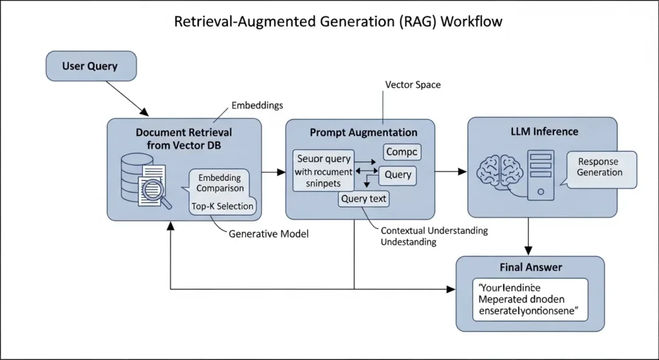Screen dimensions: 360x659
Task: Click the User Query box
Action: coord(90,66)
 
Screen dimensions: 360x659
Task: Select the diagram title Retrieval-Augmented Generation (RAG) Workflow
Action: coord(339,21)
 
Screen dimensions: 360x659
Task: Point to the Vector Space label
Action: coord(413,84)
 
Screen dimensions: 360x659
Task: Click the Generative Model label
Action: coord(268,234)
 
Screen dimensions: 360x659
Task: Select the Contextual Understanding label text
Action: coord(434,231)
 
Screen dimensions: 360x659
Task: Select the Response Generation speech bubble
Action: coord(599,167)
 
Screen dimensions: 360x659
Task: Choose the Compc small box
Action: coord(402,152)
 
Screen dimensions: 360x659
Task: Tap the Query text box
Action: coord(364,199)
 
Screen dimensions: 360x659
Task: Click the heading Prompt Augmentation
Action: coord(363,132)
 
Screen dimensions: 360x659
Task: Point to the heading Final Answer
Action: coord(530,267)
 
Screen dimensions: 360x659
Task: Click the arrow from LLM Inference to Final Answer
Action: coord(529,236)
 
